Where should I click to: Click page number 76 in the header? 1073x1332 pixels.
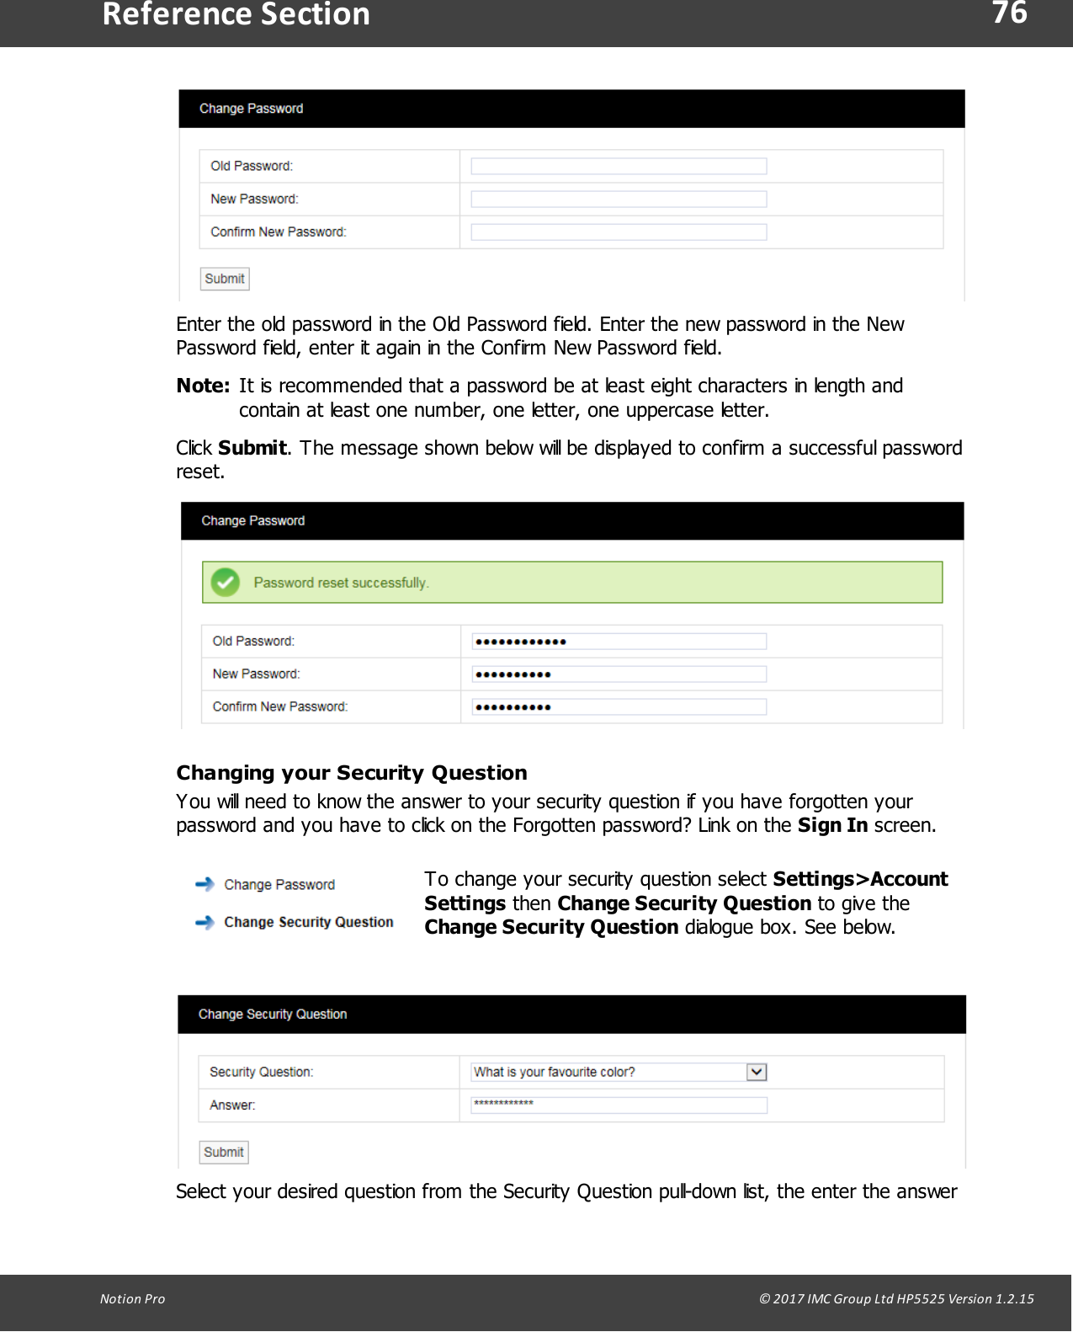[1009, 13]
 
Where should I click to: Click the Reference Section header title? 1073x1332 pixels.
[236, 15]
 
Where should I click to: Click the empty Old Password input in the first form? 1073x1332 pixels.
[619, 167]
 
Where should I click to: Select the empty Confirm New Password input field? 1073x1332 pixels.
[619, 232]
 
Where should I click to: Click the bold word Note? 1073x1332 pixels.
[203, 386]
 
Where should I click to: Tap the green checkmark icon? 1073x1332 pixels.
[226, 583]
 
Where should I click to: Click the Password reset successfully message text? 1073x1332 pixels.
[341, 583]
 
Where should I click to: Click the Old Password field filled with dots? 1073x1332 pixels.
[619, 642]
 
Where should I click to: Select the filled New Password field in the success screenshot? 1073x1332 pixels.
[619, 674]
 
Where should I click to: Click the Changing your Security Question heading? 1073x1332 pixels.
[352, 773]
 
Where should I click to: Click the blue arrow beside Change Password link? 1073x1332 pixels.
[205, 884]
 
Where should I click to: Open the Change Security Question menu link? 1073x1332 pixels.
[308, 923]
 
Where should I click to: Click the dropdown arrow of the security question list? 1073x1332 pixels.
[757, 1072]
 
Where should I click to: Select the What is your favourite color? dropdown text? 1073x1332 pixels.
[555, 1072]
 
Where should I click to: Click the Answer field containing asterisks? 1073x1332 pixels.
[619, 1105]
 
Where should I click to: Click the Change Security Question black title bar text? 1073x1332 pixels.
[273, 1015]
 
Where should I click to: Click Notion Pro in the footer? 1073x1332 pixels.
[133, 1298]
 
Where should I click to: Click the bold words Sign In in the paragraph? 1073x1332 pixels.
[832, 826]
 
